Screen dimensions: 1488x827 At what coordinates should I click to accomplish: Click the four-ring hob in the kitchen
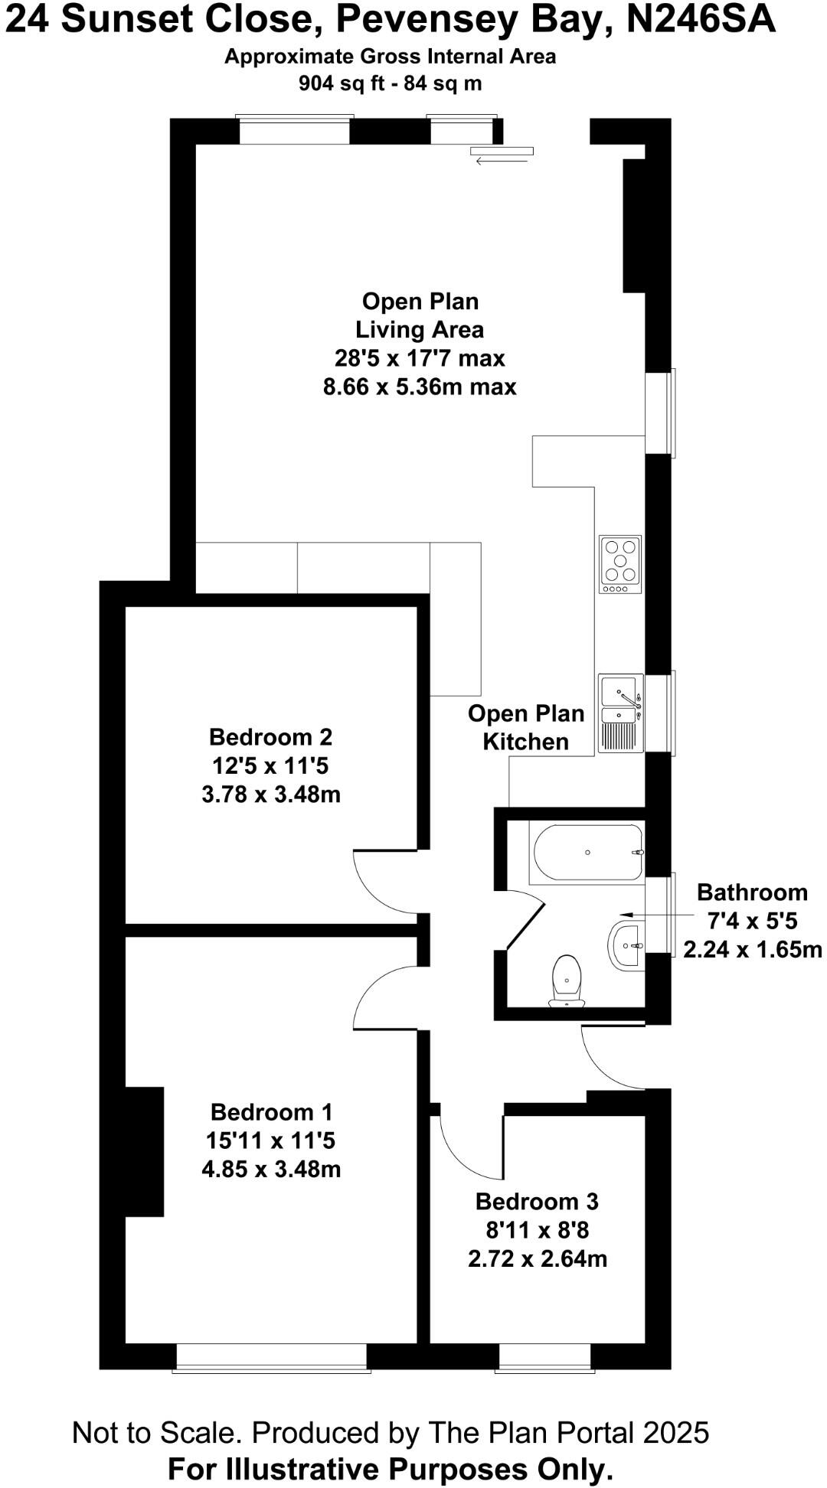pos(620,564)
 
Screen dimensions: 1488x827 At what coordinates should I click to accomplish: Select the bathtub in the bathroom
pos(588,852)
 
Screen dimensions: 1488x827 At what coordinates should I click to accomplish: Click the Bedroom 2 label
pos(270,737)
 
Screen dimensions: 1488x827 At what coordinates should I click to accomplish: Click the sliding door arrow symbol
pos(491,161)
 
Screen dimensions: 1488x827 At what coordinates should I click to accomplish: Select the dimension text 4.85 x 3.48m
pos(271,1169)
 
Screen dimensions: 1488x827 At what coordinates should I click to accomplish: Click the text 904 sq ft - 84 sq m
pos(390,83)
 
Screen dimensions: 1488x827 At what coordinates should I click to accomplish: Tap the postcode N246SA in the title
pos(701,20)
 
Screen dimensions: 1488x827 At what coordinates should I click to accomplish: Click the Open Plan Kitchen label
pos(526,727)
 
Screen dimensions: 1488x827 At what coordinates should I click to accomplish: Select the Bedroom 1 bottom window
pos(272,1357)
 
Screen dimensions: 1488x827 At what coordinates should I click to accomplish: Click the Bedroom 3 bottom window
pos(544,1357)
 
